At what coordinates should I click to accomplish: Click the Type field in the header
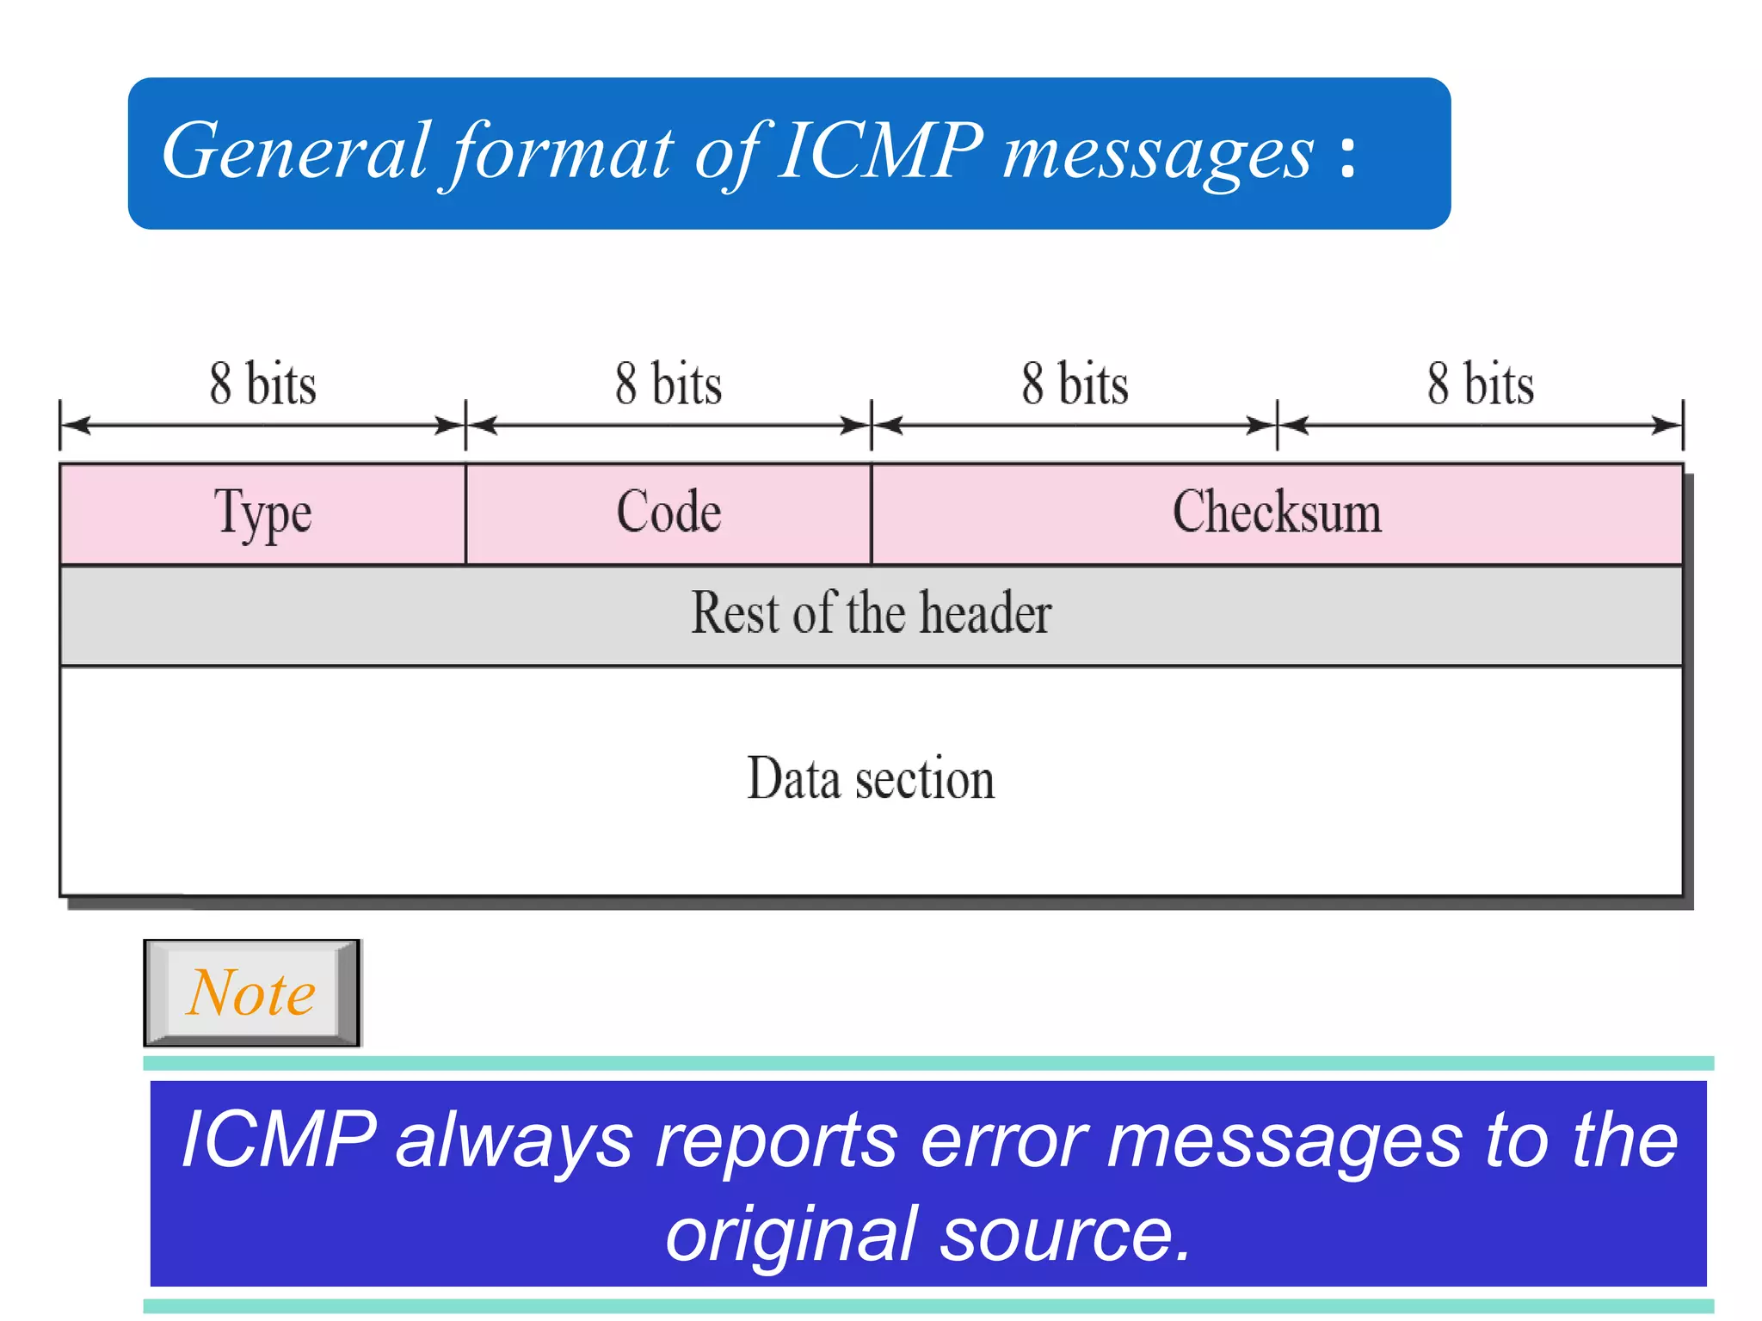pos(262,514)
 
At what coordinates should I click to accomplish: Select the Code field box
pos(668,514)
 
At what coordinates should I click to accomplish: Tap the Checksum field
pos(1277,514)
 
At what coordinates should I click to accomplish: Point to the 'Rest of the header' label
pos(871,614)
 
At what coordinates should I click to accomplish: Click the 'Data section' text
pos(871,779)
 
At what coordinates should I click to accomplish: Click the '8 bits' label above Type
pos(262,384)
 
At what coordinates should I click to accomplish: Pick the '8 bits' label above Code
pos(668,384)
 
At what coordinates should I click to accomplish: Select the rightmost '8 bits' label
pos(1481,384)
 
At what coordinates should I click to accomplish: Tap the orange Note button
pos(251,993)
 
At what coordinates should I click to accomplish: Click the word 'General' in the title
pos(294,152)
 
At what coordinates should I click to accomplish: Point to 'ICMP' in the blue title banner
pos(879,152)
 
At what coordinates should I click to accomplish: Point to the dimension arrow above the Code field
pos(668,425)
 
